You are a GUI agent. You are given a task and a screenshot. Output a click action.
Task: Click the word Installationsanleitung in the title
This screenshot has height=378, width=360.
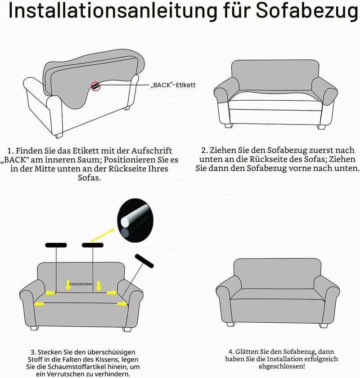click(x=113, y=11)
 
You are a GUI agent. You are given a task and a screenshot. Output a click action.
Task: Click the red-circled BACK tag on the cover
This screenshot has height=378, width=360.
click(x=95, y=86)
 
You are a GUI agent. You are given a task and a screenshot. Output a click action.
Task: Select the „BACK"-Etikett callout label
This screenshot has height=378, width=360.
click(x=173, y=85)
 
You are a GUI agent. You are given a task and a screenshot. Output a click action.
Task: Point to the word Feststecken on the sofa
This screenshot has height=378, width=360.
click(x=81, y=284)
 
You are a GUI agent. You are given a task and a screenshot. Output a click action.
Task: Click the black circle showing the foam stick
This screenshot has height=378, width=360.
click(x=135, y=220)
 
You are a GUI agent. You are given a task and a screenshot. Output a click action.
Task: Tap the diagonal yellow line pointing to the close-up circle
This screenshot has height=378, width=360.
click(x=102, y=235)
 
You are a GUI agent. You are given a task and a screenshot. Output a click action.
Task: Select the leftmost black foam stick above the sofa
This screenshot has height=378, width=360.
click(x=56, y=245)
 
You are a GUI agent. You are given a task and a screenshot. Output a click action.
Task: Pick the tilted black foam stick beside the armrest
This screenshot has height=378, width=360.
click(x=144, y=261)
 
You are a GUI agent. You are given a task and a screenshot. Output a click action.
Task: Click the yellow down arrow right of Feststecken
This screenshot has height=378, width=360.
click(x=99, y=286)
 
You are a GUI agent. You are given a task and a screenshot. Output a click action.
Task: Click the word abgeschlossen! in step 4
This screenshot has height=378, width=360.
click(x=282, y=367)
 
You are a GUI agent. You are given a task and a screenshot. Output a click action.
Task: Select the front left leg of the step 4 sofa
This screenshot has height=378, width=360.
click(x=231, y=324)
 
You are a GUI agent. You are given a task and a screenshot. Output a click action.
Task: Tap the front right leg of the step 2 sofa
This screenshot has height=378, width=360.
click(x=322, y=127)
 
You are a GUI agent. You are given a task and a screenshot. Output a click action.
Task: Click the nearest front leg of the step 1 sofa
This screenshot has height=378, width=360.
click(x=59, y=135)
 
